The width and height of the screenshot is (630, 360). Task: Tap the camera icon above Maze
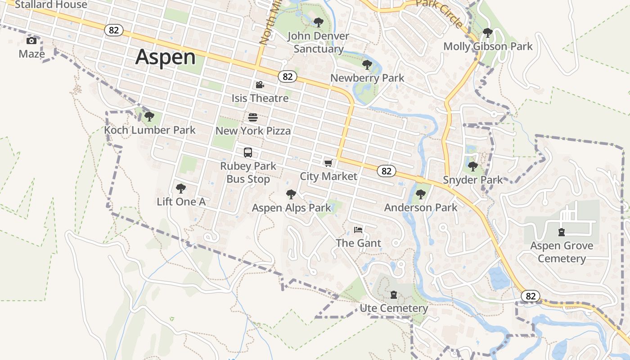(31, 41)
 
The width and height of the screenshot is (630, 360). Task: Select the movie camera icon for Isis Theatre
(260, 85)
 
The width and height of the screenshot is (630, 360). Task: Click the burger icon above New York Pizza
(253, 117)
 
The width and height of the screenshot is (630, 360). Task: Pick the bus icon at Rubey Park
(248, 153)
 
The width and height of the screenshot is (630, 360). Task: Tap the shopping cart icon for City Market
(328, 163)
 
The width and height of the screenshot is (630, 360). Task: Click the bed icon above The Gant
(358, 230)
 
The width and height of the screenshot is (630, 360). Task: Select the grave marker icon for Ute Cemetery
(394, 295)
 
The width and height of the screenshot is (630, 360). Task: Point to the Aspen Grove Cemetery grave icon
(561, 232)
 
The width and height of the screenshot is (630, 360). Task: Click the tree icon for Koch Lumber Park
(149, 117)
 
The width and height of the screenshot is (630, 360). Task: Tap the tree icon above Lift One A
(181, 188)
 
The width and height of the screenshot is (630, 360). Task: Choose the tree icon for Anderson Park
(420, 194)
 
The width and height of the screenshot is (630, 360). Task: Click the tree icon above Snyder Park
(472, 166)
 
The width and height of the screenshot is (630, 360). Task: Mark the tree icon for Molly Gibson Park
(487, 33)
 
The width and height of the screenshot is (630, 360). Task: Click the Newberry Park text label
(367, 78)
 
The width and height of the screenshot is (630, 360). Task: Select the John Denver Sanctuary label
(318, 42)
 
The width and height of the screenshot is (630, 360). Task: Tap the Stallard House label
(51, 5)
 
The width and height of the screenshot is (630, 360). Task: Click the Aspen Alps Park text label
(291, 208)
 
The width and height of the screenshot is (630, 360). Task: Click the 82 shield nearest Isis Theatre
(288, 76)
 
